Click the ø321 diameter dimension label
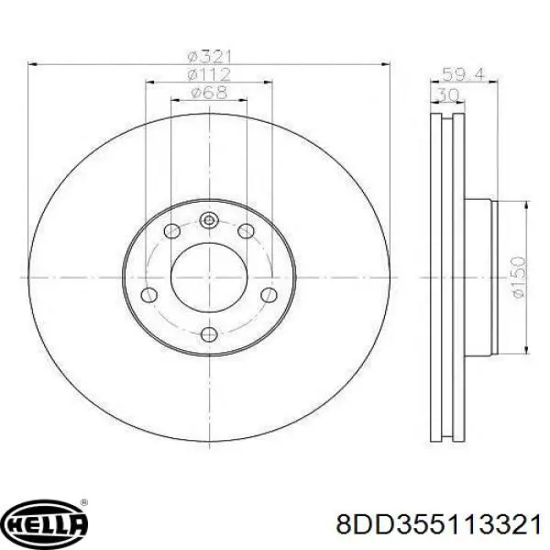click(209, 57)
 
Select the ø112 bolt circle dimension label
click(209, 74)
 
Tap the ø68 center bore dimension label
click(209, 93)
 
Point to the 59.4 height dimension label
click(463, 75)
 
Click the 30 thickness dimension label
click(448, 94)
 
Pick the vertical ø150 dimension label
click(520, 277)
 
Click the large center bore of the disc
click(209, 277)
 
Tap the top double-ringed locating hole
click(209, 220)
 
